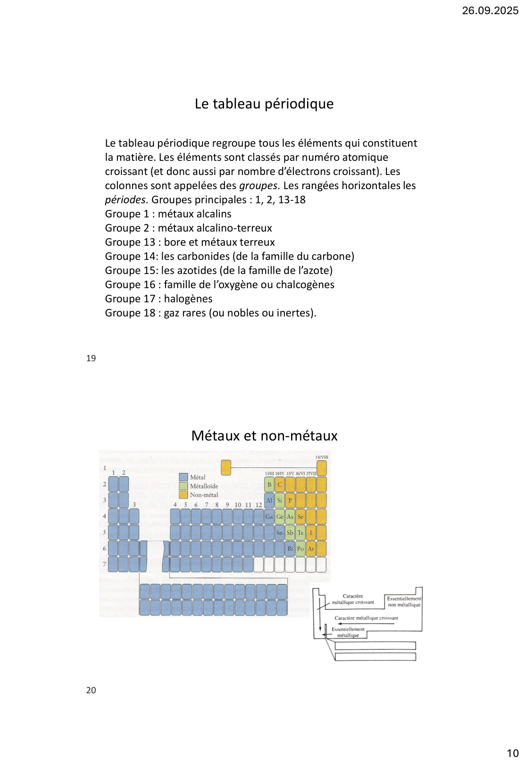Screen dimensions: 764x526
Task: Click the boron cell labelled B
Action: pyautogui.click(x=269, y=484)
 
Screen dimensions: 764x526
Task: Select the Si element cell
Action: pyautogui.click(x=280, y=500)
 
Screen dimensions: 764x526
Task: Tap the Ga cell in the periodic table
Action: pyautogui.click(x=269, y=516)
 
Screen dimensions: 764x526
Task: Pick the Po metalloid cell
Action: pyautogui.click(x=301, y=548)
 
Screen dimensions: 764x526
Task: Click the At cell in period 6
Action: pyautogui.click(x=311, y=548)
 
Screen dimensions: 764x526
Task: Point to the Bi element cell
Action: pyautogui.click(x=290, y=548)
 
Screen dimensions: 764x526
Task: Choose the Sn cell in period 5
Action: pyautogui.click(x=280, y=532)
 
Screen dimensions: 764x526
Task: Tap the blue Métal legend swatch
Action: pyautogui.click(x=184, y=477)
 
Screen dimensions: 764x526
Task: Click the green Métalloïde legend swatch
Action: pyautogui.click(x=184, y=486)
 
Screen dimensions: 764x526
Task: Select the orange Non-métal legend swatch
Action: pyautogui.click(x=184, y=495)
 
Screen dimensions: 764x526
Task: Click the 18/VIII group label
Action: pyautogui.click(x=322, y=457)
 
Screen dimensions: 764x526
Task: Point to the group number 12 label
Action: pyautogui.click(x=259, y=505)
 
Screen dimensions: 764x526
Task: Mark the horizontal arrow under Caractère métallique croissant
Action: pyautogui.click(x=373, y=623)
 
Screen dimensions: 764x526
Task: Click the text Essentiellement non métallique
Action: pyautogui.click(x=404, y=601)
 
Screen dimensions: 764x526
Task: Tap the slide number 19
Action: pyautogui.click(x=91, y=358)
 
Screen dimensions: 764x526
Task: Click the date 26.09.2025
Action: pyautogui.click(x=490, y=10)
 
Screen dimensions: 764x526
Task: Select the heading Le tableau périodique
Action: pyautogui.click(x=264, y=104)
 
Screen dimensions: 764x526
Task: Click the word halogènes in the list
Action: pyautogui.click(x=188, y=299)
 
